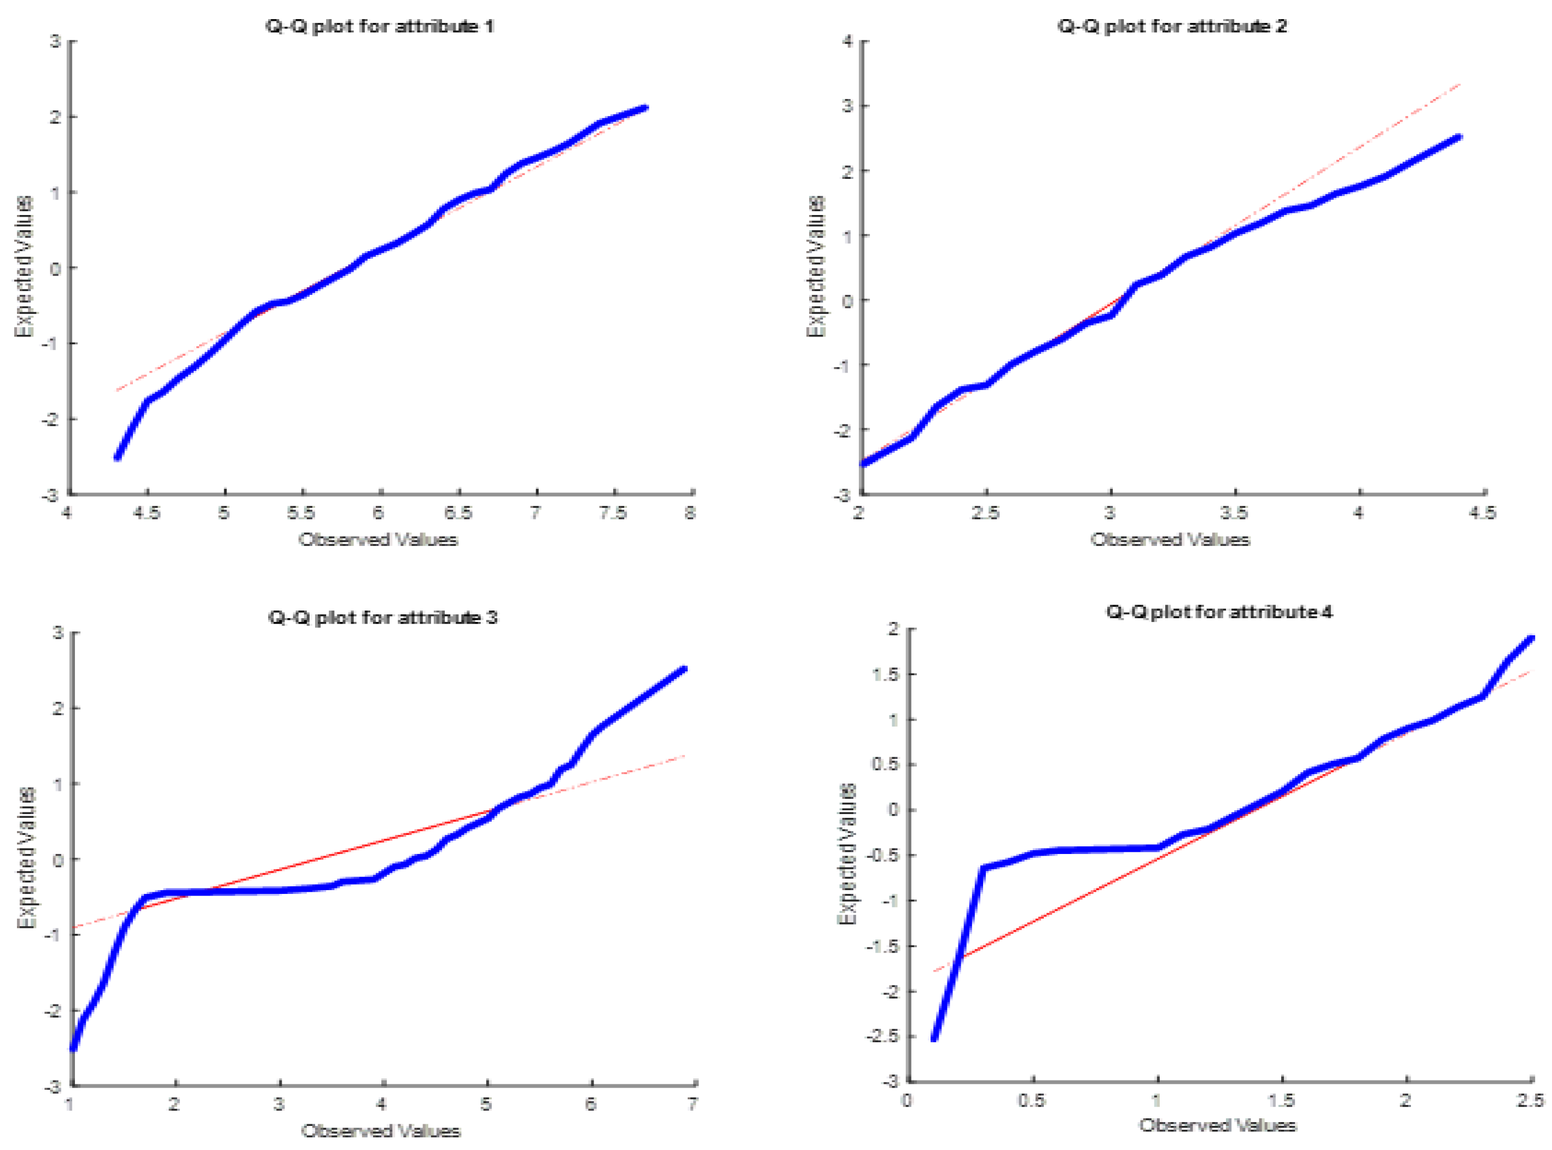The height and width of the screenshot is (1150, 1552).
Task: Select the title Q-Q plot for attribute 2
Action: (x=1172, y=26)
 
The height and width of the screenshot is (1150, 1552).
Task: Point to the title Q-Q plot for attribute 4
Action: (x=1219, y=612)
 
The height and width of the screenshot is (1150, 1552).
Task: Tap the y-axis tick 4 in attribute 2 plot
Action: (x=847, y=41)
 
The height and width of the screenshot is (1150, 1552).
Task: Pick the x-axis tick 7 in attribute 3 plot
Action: (x=693, y=1104)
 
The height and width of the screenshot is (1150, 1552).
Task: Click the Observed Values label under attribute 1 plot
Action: (x=378, y=539)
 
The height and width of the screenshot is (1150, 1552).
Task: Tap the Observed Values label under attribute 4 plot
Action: (x=1217, y=1125)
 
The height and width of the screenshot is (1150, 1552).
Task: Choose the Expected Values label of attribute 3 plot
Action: (x=26, y=858)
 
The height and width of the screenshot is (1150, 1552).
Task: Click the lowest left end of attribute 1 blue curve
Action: (x=118, y=457)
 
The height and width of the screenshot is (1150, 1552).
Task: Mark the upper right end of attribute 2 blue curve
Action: (x=1459, y=137)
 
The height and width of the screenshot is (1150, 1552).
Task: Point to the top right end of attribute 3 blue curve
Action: (x=684, y=669)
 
